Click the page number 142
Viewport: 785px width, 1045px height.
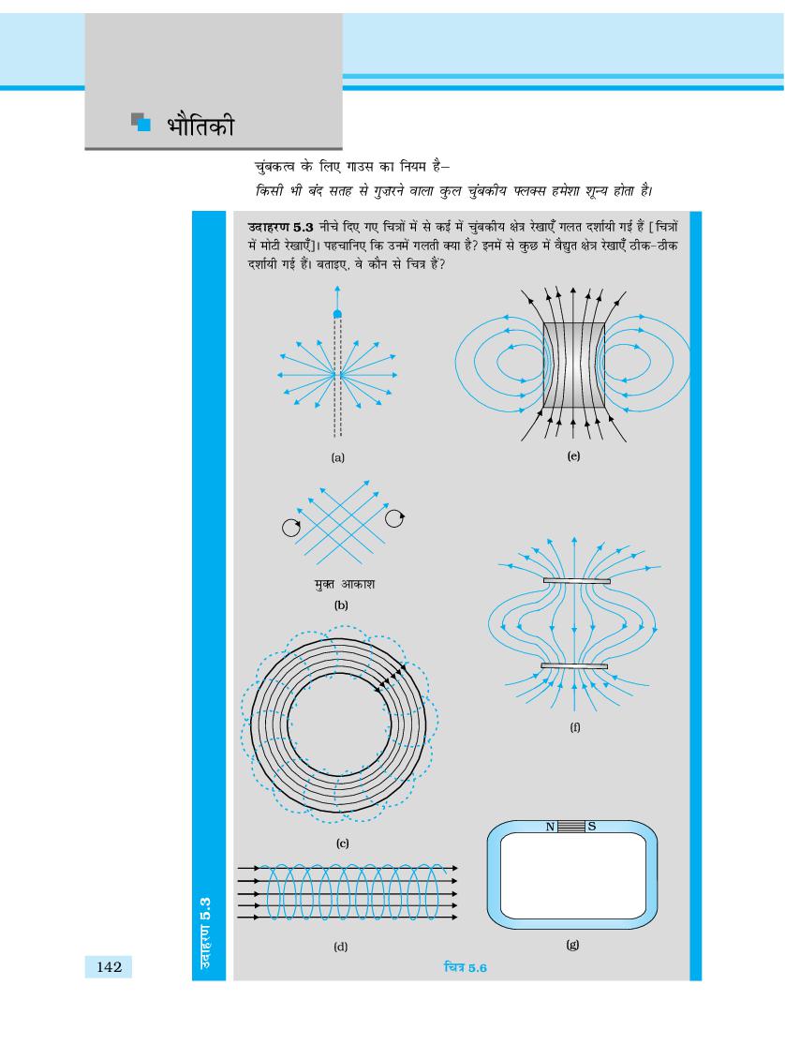click(x=110, y=966)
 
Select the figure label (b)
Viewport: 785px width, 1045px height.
click(x=340, y=605)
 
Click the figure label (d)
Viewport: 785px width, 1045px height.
click(x=340, y=947)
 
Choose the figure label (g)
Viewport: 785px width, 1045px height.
click(x=572, y=946)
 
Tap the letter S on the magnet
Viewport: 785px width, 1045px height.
click(x=594, y=826)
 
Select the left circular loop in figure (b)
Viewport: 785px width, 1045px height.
click(x=291, y=528)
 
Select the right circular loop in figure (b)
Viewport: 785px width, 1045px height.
click(x=393, y=515)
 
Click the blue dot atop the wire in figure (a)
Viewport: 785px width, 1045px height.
click(x=338, y=313)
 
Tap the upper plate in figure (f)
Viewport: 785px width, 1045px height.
click(x=573, y=581)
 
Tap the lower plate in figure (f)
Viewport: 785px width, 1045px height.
click(x=572, y=666)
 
